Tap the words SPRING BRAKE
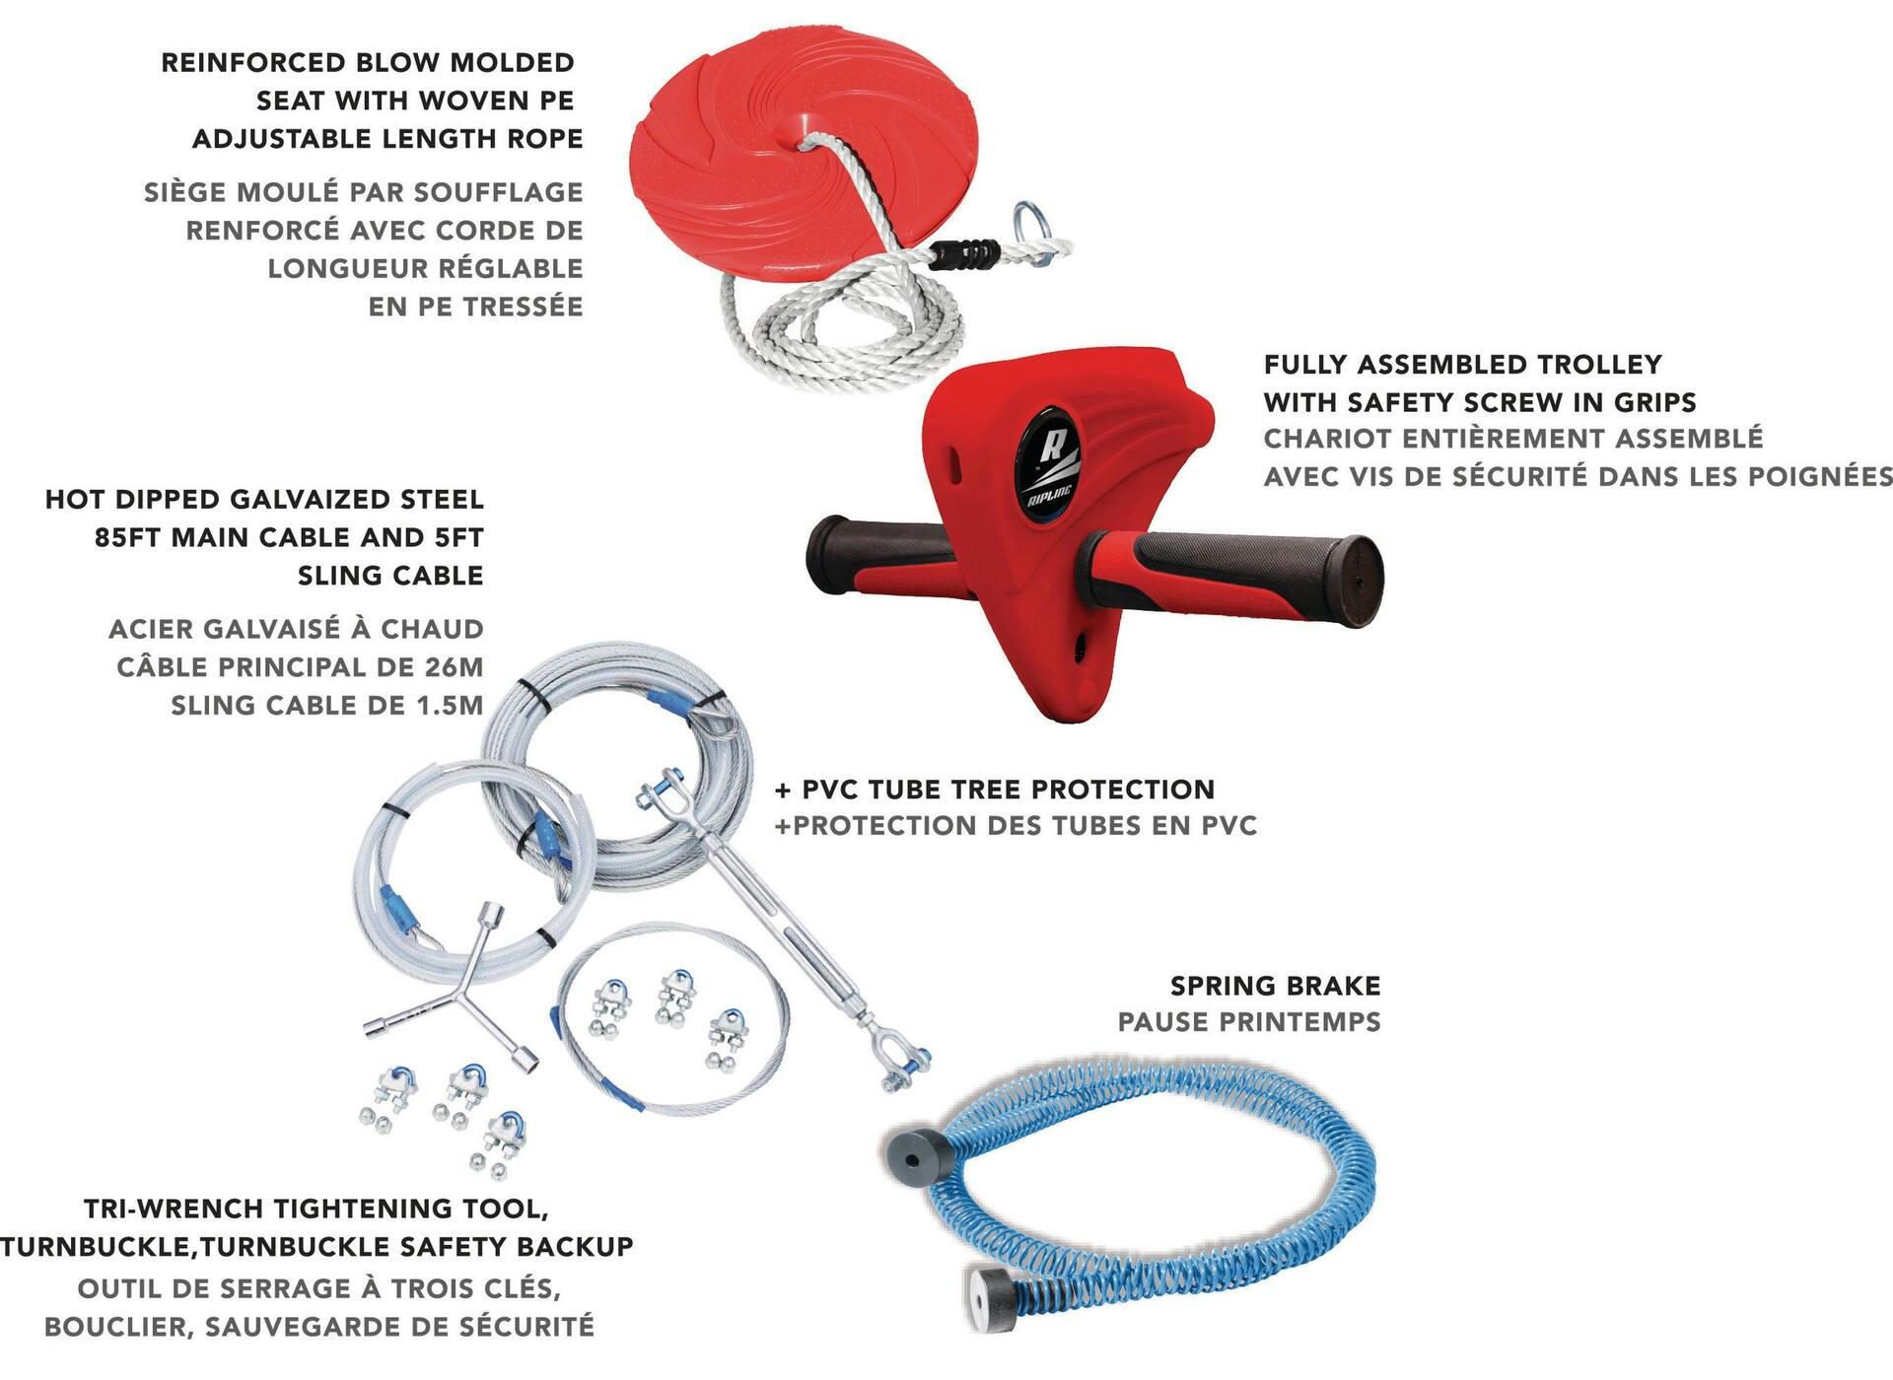(x=1276, y=986)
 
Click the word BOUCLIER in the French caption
(x=117, y=1327)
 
